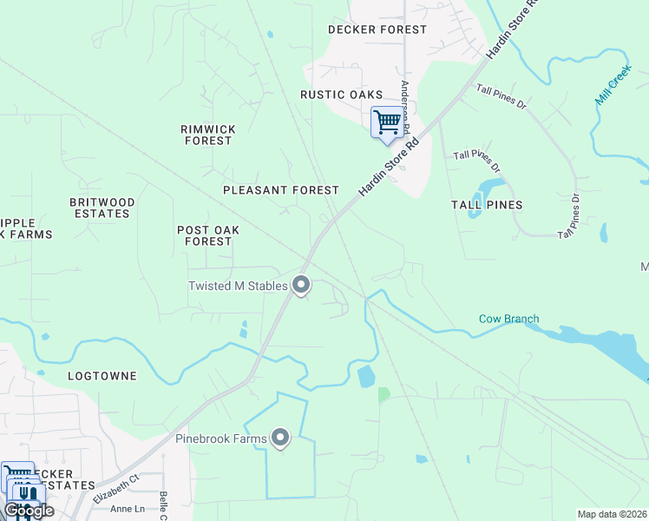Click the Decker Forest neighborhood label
point(377,30)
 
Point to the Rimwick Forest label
point(207,135)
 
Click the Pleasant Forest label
point(280,190)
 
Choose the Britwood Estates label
point(102,208)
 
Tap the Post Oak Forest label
point(207,236)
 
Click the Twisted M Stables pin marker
point(301,284)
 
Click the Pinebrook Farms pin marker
point(280,438)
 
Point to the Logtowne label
point(102,376)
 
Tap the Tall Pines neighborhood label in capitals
point(487,205)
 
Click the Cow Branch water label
point(508,319)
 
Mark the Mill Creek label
point(611,89)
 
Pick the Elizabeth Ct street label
point(118,488)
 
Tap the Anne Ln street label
point(128,509)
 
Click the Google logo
point(29,511)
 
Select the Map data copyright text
point(612,514)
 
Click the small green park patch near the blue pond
point(383,394)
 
